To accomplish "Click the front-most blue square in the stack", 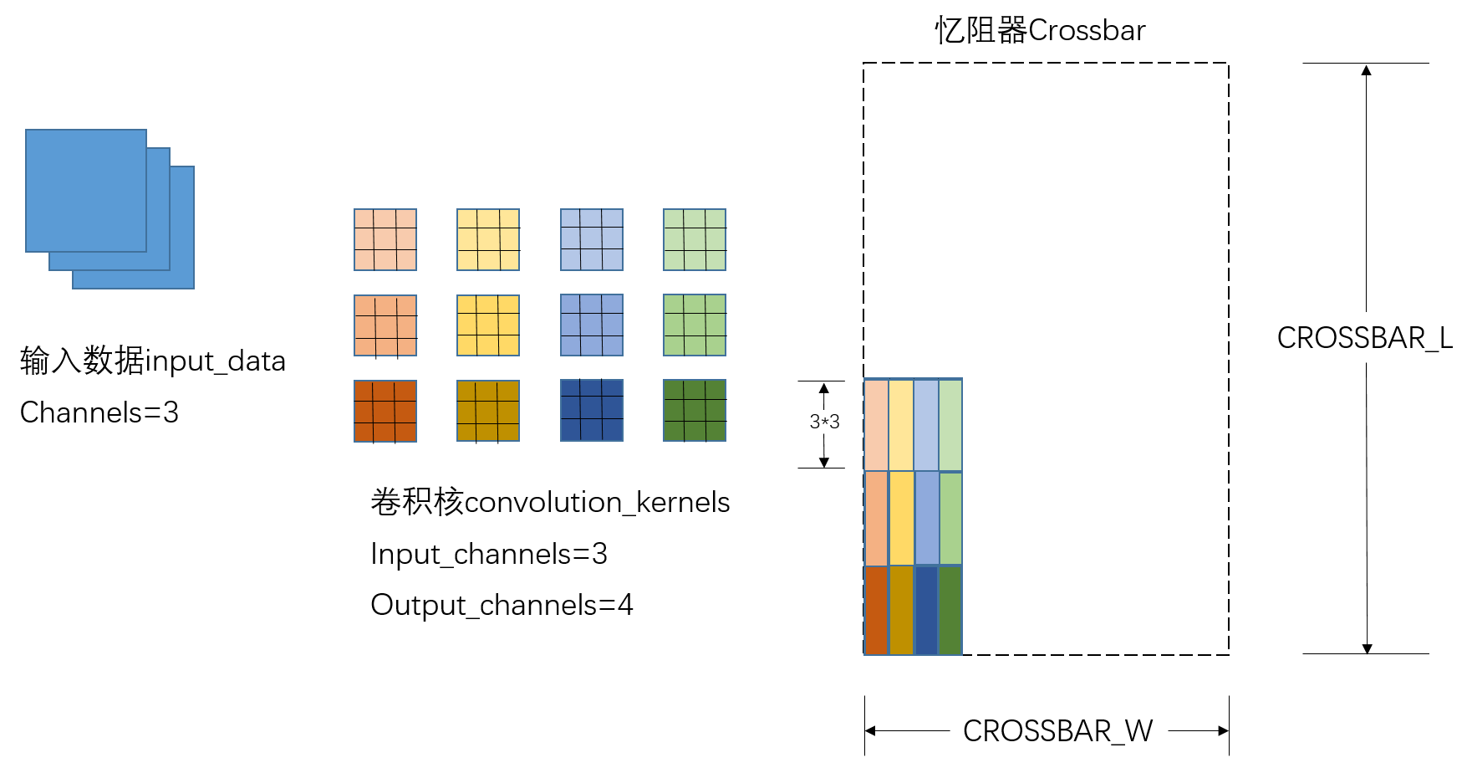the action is click(86, 190).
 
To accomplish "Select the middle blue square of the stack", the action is click(158, 259).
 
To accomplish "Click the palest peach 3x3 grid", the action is click(385, 240).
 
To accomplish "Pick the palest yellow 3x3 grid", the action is click(488, 240).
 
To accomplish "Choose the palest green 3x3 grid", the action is click(695, 240).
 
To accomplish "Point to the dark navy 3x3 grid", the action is click(592, 410).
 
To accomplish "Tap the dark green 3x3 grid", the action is click(695, 410).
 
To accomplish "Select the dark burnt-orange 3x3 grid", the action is click(385, 411).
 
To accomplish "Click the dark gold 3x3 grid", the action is click(488, 411).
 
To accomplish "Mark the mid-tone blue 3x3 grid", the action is click(592, 325).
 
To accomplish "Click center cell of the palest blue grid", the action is click(592, 239).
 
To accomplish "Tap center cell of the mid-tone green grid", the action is click(695, 325).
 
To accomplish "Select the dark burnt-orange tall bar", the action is click(876, 610).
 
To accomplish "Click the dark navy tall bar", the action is click(926, 610).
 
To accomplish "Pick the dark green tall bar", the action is click(950, 610).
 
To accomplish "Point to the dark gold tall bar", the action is click(901, 610).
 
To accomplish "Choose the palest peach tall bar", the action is click(876, 425).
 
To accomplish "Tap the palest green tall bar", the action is click(950, 425).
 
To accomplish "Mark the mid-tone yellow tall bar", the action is click(902, 519).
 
